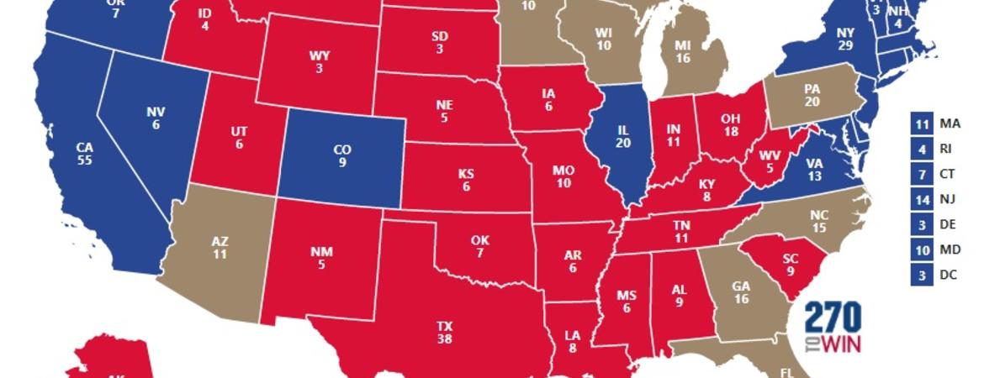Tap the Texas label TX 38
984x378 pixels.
pyautogui.click(x=444, y=333)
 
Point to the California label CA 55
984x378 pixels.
pyautogui.click(x=84, y=154)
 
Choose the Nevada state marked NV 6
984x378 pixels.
pyautogui.click(x=155, y=117)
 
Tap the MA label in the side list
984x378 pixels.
pyautogui.click(x=950, y=123)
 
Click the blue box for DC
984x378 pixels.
pyautogui.click(x=921, y=275)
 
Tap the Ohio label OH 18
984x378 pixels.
pyautogui.click(x=731, y=124)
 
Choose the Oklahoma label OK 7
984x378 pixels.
pyautogui.click(x=480, y=248)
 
